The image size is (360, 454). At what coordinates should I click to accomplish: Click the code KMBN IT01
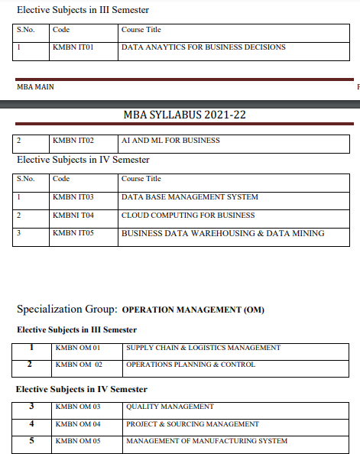point(73,47)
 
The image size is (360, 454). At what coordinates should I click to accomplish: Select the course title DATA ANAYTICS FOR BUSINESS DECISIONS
point(203,47)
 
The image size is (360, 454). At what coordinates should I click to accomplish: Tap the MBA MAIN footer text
point(35,87)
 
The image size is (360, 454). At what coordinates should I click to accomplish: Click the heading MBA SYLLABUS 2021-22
point(184,115)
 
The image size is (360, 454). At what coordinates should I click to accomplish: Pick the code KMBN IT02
point(73,141)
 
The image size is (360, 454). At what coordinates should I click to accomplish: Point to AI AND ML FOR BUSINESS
point(170,141)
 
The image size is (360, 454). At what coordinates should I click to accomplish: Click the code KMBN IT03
point(73,197)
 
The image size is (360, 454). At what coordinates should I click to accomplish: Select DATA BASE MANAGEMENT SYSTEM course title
point(190,197)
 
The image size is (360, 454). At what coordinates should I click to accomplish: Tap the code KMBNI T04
point(73,216)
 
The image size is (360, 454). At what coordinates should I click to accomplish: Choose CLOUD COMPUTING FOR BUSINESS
point(188,216)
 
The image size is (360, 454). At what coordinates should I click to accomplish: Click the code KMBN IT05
point(73,233)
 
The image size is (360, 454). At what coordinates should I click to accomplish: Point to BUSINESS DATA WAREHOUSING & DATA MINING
point(222,233)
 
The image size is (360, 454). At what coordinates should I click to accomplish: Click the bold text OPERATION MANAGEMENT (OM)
point(193,310)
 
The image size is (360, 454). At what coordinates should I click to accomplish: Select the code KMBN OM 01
point(79,349)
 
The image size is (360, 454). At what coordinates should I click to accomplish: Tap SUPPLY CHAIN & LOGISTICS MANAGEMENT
point(203,349)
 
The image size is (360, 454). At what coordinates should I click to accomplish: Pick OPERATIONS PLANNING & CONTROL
point(190,365)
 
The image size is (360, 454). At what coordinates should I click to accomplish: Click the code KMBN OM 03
point(79,407)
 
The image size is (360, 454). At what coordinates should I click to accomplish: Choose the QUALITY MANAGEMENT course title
point(170,407)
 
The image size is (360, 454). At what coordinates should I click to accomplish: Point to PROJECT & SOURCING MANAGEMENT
point(193,424)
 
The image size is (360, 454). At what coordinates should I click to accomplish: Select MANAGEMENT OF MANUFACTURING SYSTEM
point(206,441)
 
